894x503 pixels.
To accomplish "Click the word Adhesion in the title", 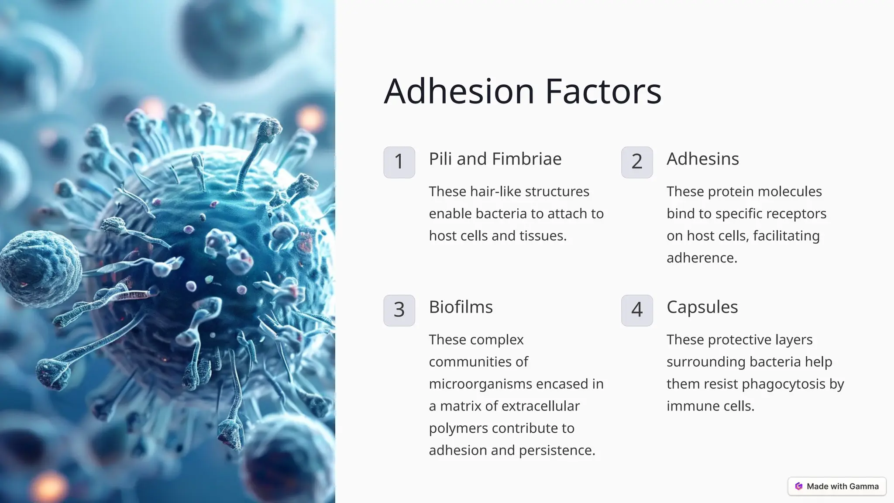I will click(x=459, y=91).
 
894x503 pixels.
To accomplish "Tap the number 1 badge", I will click(x=399, y=162).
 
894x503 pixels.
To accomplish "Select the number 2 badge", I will click(x=637, y=162).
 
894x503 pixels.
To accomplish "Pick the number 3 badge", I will click(x=399, y=310).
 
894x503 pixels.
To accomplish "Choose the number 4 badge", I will click(x=637, y=310).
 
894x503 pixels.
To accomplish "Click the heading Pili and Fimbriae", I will click(x=495, y=159).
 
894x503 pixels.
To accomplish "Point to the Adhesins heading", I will click(x=702, y=159).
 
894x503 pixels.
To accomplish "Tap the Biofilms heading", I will click(x=461, y=307).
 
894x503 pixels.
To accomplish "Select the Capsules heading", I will click(x=702, y=307).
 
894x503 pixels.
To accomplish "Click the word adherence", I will click(x=701, y=258).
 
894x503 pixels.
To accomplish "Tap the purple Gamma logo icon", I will click(x=799, y=486).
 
